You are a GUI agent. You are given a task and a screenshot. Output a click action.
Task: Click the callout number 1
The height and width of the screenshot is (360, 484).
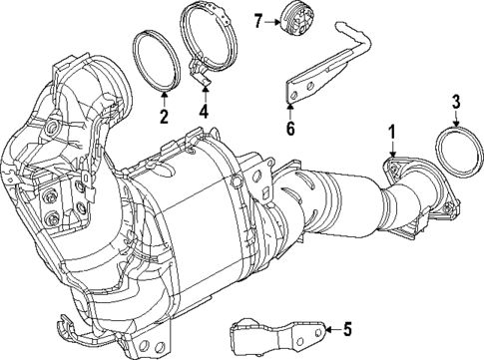point(392,130)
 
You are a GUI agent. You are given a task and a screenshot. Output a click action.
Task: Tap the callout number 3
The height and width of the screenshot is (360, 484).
point(455,100)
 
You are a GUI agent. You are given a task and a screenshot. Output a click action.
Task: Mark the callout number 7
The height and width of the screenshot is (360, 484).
point(257,21)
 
